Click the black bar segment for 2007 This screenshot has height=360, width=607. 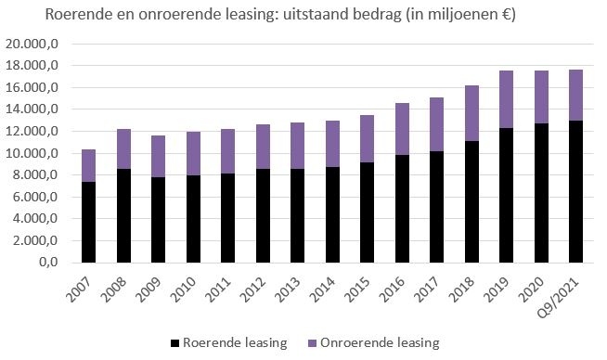point(89,222)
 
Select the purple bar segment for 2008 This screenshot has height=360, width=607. point(123,149)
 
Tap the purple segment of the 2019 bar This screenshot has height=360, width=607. point(507,99)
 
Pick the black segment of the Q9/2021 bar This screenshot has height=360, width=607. point(575,192)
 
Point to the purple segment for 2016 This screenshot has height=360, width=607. point(402,129)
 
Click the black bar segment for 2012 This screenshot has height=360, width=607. point(264,215)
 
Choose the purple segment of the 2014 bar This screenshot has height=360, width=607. point(332,144)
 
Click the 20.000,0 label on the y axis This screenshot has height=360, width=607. point(32,44)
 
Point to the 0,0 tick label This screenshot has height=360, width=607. point(49,262)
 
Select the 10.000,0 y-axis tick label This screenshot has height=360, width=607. point(32,153)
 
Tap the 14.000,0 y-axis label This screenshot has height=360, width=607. point(32,109)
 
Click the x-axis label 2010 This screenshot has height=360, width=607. point(184,289)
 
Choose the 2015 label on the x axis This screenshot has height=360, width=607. point(357,289)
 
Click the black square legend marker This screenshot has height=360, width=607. point(175,343)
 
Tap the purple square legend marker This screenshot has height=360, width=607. point(313,343)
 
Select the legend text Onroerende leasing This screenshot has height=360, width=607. point(380,342)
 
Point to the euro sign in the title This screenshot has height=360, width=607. point(505,15)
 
